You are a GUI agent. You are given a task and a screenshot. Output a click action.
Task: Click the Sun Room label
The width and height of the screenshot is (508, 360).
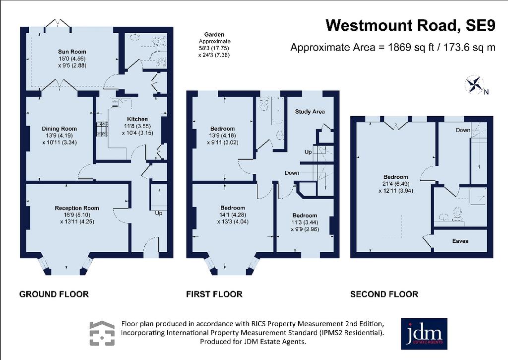(x=72, y=52)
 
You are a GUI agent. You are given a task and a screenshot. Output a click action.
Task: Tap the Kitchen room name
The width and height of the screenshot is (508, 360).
(x=137, y=119)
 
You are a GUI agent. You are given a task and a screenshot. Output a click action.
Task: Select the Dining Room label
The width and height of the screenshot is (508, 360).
(x=60, y=129)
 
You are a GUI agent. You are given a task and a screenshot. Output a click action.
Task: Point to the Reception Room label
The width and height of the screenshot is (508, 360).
(x=77, y=208)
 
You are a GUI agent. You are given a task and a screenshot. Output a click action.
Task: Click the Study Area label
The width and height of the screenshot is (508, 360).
(x=310, y=112)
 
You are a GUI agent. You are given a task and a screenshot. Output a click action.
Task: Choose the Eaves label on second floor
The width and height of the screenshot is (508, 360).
(x=460, y=241)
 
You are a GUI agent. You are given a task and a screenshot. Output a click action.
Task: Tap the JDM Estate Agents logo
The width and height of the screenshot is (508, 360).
(x=424, y=334)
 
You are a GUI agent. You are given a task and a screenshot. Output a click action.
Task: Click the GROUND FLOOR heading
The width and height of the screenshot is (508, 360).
(x=54, y=294)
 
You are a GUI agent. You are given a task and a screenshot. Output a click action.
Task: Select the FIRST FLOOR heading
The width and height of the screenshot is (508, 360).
(x=214, y=294)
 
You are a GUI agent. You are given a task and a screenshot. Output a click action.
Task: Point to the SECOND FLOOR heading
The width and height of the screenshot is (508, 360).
(x=384, y=294)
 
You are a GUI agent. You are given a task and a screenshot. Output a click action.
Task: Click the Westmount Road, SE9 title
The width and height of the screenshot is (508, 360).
(x=410, y=25)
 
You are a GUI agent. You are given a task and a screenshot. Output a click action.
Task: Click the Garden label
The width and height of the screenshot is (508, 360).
(x=214, y=34)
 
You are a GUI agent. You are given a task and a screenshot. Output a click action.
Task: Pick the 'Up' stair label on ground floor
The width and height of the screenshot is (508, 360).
(x=158, y=214)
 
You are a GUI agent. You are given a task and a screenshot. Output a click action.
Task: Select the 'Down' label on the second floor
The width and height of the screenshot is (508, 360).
(x=463, y=130)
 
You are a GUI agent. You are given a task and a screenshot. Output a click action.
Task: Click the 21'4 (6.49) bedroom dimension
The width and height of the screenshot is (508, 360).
(x=395, y=184)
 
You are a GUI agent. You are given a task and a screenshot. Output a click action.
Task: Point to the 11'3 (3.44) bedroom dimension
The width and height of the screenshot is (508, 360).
(x=305, y=222)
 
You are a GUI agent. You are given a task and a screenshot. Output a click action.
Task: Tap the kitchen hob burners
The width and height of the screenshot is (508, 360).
(x=101, y=129)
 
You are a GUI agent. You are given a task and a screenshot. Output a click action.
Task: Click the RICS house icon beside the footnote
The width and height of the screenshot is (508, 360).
(x=102, y=333)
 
